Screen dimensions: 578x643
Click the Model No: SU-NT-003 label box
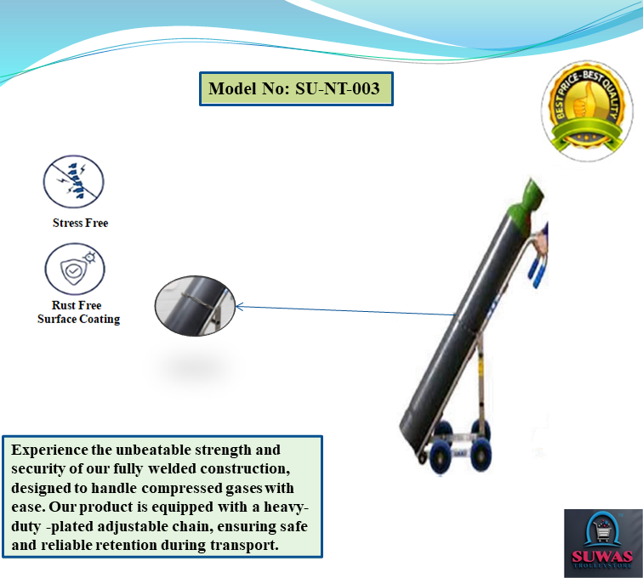[296, 88]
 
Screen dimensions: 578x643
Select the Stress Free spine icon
[73, 182]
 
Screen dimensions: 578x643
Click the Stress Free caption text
[80, 223]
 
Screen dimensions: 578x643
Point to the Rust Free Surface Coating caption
[78, 312]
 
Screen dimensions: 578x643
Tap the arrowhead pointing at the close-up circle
[240, 307]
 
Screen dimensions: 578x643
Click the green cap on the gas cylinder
[530, 202]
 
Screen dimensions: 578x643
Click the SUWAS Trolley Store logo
[601, 542]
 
